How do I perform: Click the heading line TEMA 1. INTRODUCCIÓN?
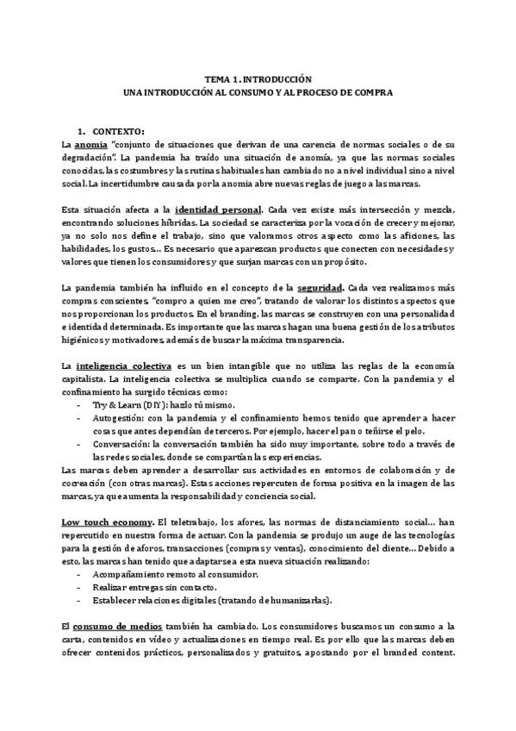click(258, 78)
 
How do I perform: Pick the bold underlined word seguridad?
click(322, 287)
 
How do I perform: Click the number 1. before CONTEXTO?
click(81, 131)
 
